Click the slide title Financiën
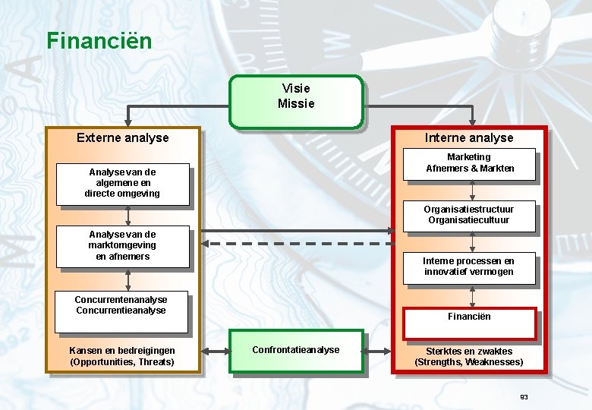click(99, 40)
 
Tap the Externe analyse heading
click(123, 137)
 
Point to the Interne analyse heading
click(468, 137)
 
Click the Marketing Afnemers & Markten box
click(469, 164)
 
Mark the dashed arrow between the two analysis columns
click(296, 244)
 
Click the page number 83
click(523, 397)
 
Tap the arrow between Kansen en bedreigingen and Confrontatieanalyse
click(215, 351)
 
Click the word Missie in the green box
click(296, 104)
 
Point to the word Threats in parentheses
click(156, 362)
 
